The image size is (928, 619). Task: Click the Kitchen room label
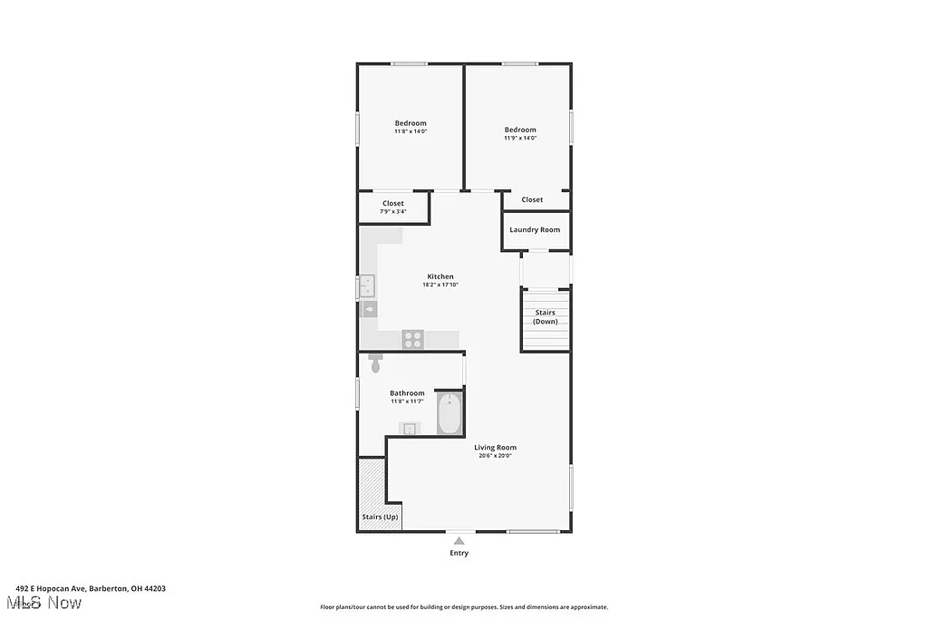click(440, 276)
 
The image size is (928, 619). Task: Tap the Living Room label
click(495, 447)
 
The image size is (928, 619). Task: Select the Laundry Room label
click(535, 230)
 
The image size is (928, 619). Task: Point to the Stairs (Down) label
click(545, 317)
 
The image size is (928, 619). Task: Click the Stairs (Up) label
click(380, 517)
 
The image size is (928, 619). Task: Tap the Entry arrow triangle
click(459, 541)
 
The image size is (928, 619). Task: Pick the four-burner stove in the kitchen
click(413, 339)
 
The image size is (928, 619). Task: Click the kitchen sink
click(368, 286)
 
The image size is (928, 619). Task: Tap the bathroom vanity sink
click(410, 429)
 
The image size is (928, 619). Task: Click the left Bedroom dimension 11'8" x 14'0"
click(411, 131)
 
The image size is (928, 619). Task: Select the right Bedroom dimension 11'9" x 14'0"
click(520, 138)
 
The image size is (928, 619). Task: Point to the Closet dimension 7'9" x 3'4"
click(393, 212)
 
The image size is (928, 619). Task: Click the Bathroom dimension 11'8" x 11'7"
click(407, 401)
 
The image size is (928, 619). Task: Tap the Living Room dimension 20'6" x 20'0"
click(495, 456)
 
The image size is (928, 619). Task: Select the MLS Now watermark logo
click(43, 603)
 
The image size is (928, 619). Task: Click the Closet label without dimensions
click(532, 199)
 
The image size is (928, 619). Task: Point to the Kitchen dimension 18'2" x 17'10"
click(440, 285)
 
